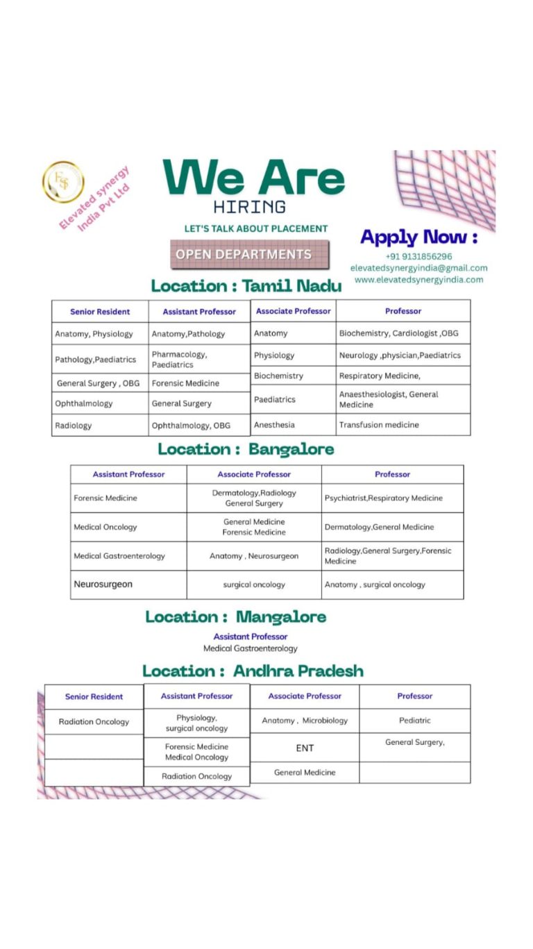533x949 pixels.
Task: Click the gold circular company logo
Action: pos(63,182)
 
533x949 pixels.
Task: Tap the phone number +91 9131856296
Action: pos(418,256)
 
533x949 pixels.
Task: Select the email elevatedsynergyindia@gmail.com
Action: pos(418,268)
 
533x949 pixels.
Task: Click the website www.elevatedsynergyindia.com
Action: pos(418,280)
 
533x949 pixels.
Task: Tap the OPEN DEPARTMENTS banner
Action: pos(244,255)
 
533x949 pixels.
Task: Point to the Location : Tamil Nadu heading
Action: pos(246,285)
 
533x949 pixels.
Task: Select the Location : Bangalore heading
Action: pos(246,449)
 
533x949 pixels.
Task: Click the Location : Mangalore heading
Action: pos(235,616)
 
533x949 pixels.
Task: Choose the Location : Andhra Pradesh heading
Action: pos(253,671)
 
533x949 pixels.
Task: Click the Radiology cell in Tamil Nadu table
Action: pos(74,426)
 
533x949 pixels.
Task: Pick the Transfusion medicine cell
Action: pos(379,425)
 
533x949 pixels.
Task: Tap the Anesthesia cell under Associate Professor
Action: pos(274,425)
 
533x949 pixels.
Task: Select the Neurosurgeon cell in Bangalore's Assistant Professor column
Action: pos(103,585)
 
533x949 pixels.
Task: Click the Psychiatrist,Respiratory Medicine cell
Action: pos(383,498)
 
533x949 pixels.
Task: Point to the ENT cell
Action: pos(305,748)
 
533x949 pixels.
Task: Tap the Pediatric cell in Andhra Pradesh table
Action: pos(414,721)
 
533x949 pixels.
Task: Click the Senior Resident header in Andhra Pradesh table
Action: pos(94,697)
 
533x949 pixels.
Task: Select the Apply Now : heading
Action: pos(418,237)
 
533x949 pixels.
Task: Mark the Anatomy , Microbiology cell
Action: pos(305,721)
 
